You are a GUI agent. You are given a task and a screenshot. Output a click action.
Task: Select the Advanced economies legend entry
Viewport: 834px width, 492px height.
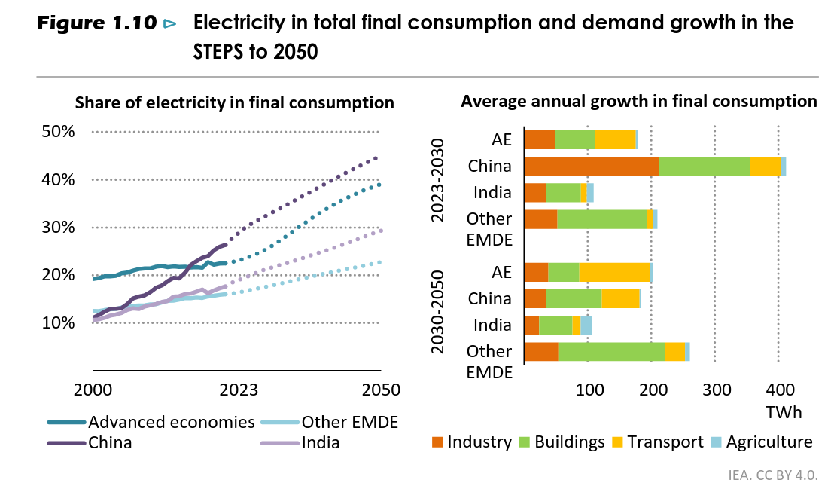click(171, 422)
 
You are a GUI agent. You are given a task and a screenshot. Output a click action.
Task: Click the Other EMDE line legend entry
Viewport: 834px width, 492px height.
click(349, 422)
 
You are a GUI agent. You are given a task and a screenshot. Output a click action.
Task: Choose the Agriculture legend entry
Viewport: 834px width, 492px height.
click(769, 442)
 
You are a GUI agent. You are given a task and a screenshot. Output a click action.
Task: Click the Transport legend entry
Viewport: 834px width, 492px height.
click(665, 442)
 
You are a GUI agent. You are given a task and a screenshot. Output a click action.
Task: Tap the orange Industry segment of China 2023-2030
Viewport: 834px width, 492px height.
click(591, 166)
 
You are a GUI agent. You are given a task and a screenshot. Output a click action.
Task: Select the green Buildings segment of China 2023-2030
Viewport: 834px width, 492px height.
click(704, 166)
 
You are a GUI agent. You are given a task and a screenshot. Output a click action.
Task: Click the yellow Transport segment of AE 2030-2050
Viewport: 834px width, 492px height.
click(614, 272)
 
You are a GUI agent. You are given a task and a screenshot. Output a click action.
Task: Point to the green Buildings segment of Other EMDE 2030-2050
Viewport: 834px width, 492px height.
click(611, 352)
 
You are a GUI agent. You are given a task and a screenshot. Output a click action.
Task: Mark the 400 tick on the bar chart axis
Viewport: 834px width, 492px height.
click(780, 390)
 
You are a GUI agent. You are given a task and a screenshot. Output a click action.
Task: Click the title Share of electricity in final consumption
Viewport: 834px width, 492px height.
click(234, 102)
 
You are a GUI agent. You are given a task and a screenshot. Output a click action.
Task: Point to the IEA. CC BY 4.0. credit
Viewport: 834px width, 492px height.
click(773, 476)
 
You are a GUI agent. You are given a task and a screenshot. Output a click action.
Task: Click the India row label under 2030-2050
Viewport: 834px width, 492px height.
click(492, 325)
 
